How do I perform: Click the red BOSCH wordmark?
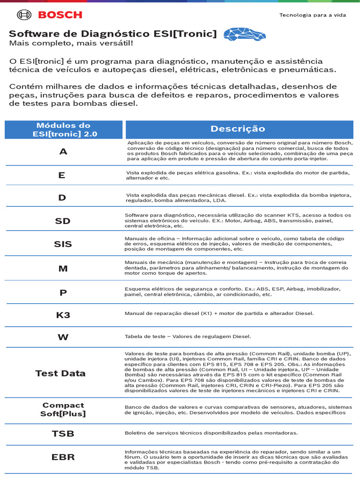tap(60, 15)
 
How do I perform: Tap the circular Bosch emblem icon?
tap(24, 15)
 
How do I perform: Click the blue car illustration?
tap(244, 34)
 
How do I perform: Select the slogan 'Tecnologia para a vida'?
tap(313, 15)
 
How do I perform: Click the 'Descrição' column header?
tap(238, 129)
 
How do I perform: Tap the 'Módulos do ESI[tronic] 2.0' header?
tap(63, 130)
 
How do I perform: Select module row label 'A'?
tap(63, 152)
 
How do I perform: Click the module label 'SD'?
tap(62, 221)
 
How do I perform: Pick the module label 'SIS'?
tap(62, 244)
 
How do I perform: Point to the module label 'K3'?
tap(63, 315)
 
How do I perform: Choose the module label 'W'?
tap(63, 337)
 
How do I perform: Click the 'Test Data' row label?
tap(60, 374)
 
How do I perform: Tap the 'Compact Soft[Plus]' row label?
tap(63, 410)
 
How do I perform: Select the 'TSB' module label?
tap(63, 434)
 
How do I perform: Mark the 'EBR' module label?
tap(63, 457)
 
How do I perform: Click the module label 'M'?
tap(63, 269)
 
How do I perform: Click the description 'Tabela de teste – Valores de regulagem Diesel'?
tap(188, 337)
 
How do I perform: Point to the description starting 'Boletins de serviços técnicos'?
tap(211, 433)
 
